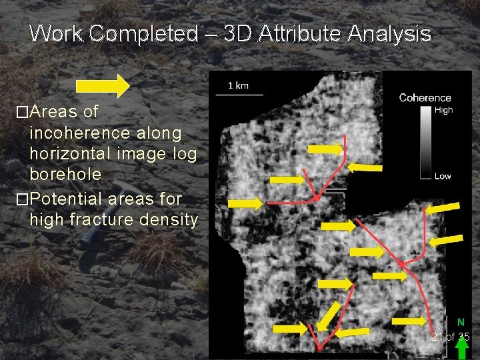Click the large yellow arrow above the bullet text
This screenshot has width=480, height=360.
coord(103,86)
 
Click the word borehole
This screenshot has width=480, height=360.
coord(65,174)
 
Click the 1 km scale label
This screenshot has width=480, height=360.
coord(238,85)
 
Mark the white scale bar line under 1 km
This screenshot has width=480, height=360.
coord(238,95)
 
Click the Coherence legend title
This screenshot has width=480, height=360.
coord(425,98)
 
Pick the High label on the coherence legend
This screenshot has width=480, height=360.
coord(443,110)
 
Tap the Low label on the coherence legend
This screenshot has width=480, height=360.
coord(442,176)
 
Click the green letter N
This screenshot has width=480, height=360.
coord(461,322)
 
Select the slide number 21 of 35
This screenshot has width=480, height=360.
coord(450,337)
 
